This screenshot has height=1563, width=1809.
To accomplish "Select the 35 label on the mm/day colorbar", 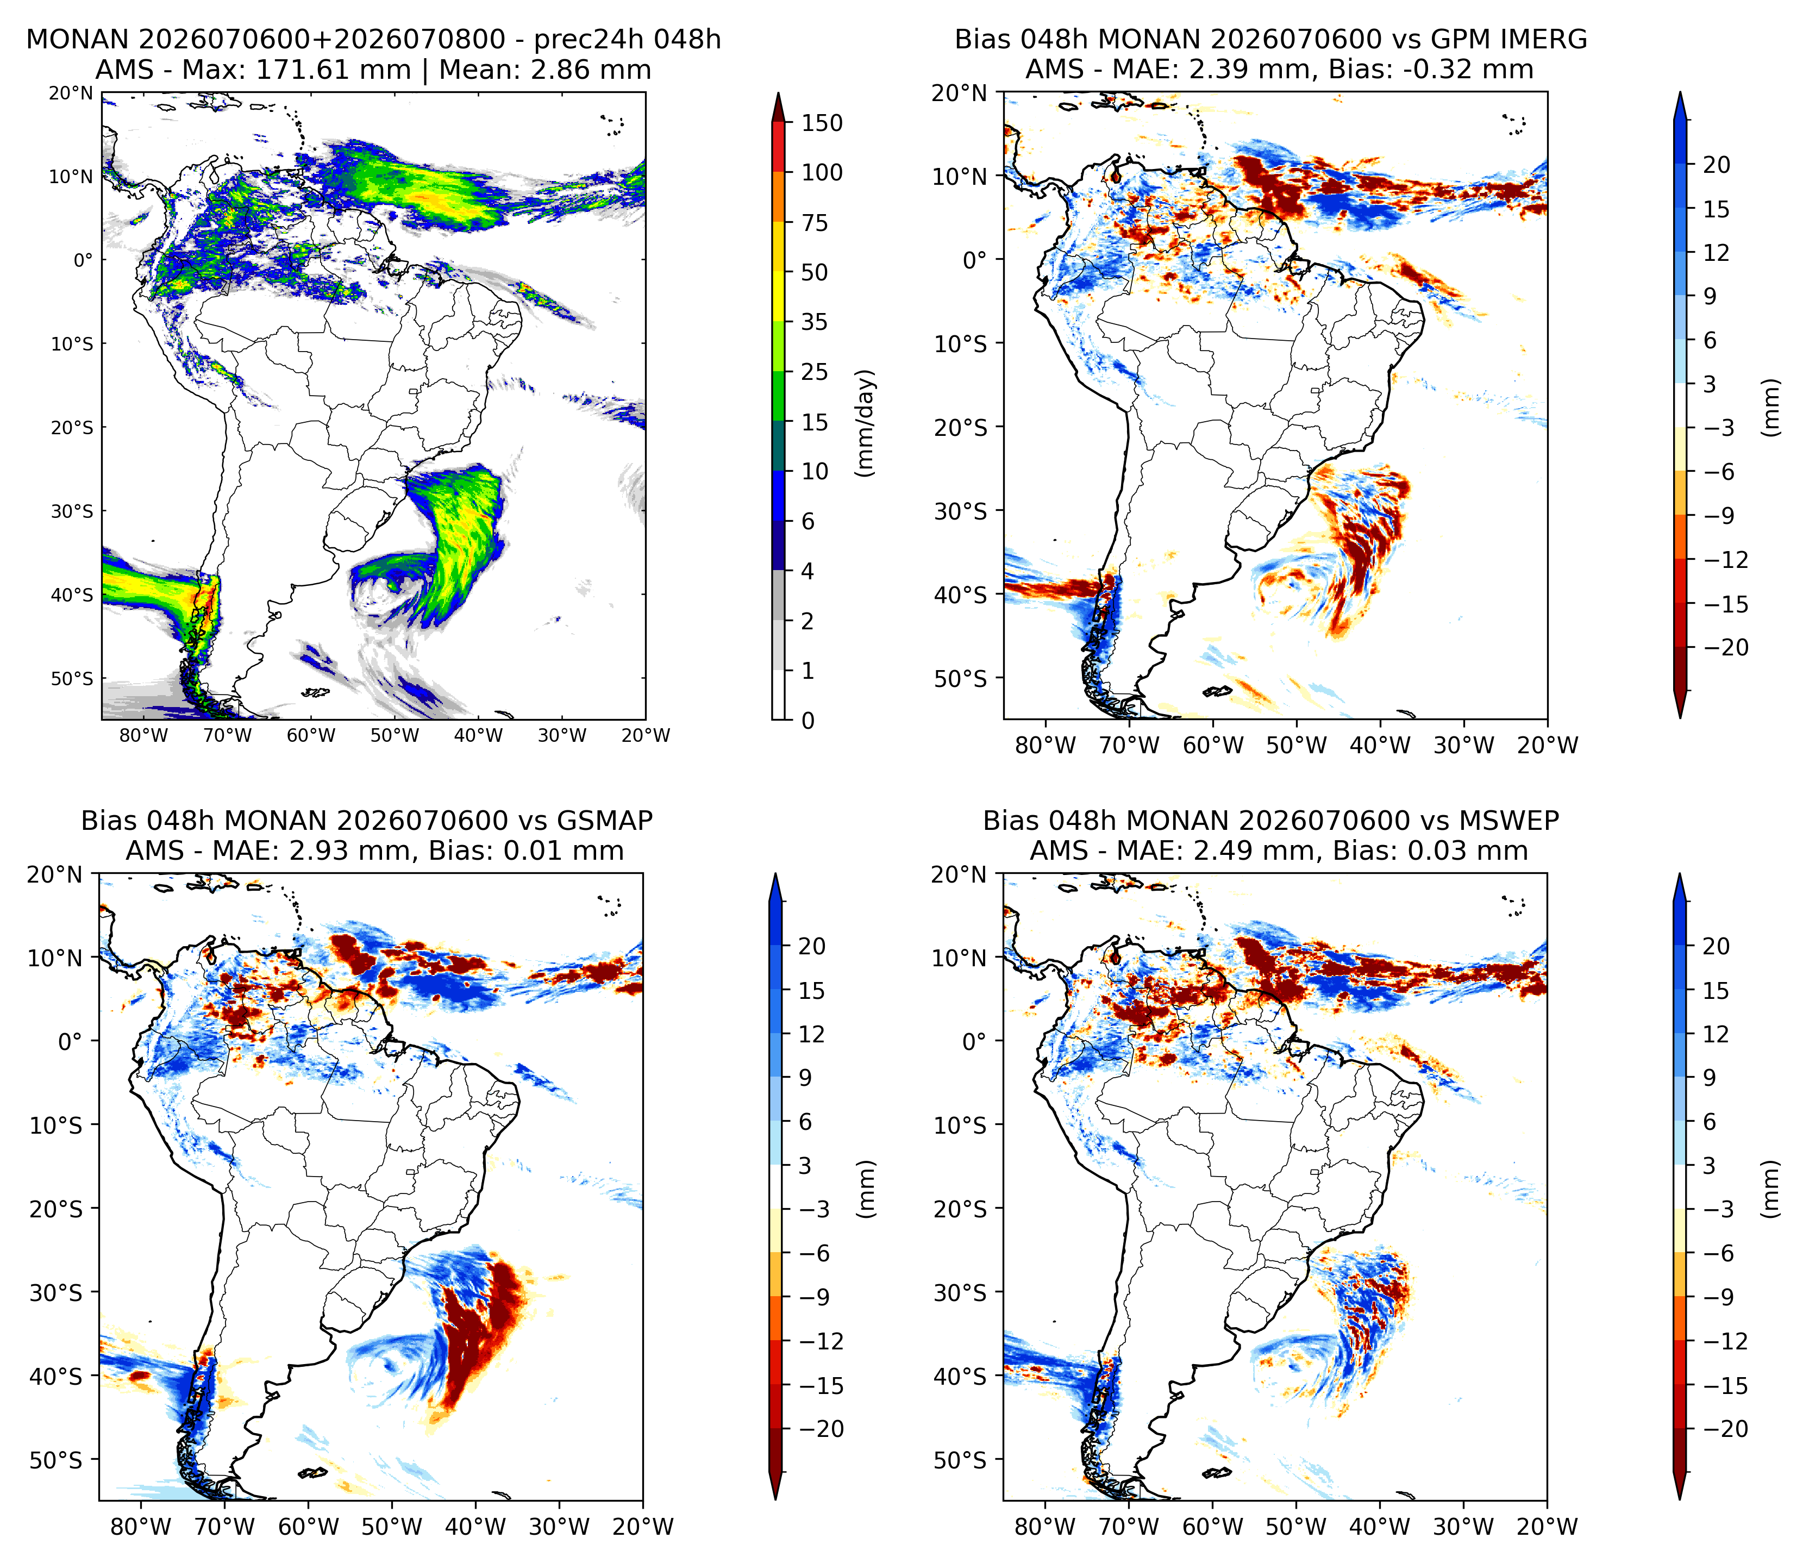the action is pyautogui.click(x=815, y=322).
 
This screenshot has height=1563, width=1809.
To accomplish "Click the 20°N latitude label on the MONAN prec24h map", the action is pyautogui.click(x=71, y=92).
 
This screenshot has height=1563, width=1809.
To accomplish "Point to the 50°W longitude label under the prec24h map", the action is pyautogui.click(x=395, y=735).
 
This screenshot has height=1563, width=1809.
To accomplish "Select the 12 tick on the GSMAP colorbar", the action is pyautogui.click(x=812, y=1034).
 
